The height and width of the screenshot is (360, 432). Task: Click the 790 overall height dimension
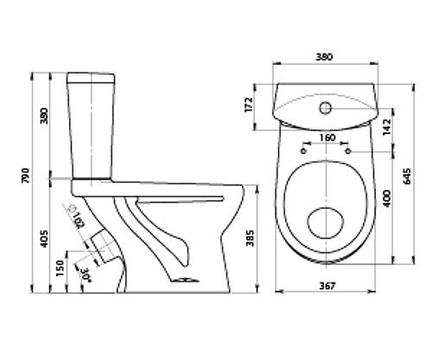click(26, 175)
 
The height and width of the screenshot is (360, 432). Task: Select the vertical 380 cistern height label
click(44, 116)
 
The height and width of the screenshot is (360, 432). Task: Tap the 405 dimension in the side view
click(44, 238)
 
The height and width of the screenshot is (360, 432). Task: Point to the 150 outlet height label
click(60, 268)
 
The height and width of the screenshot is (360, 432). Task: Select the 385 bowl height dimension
click(251, 238)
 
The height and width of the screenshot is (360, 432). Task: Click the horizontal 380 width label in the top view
click(324, 57)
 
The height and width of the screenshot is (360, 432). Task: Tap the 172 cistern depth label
click(249, 104)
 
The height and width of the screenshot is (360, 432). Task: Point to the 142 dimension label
click(386, 127)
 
